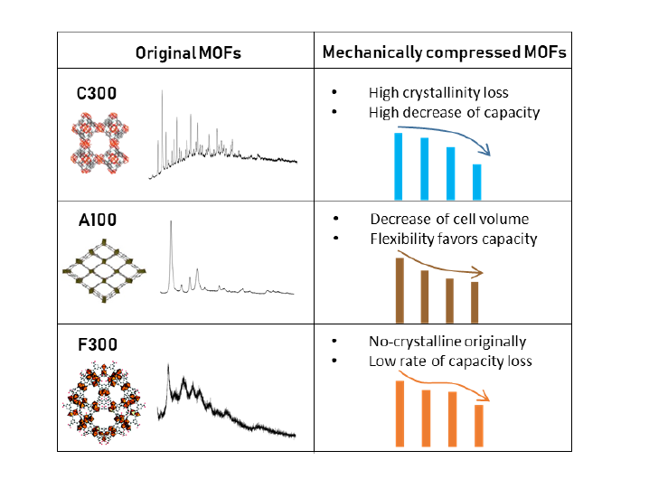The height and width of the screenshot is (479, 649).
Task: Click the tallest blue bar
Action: pos(398,166)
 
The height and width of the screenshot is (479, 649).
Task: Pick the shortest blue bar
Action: pos(477,182)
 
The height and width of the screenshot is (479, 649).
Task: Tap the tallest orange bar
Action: pos(398,413)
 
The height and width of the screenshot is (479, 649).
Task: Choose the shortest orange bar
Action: pos(479,425)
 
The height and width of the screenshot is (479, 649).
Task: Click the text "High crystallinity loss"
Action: pos(438,93)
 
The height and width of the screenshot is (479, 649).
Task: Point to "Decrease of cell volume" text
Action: pos(449,220)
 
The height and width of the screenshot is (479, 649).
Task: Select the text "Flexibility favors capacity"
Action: pos(454,239)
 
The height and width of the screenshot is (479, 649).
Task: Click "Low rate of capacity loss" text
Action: pos(450,362)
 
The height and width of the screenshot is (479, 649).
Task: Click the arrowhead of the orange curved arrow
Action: pos(487,396)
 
